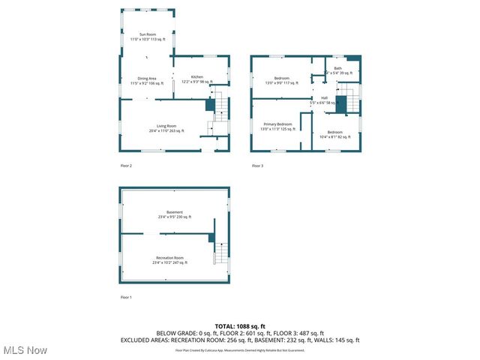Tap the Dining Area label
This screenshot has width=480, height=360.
click(146, 80)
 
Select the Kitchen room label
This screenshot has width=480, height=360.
click(196, 79)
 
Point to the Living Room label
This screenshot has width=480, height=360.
click(166, 127)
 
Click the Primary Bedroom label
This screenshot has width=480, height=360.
click(277, 126)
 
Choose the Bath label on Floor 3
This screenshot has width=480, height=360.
click(338, 70)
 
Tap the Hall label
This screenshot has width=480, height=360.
click(324, 100)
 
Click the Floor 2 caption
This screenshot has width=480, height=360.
click(126, 165)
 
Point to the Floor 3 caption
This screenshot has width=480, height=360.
click(257, 165)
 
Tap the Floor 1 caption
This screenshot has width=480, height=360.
click(126, 298)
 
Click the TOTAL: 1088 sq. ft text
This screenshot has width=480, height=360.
click(240, 326)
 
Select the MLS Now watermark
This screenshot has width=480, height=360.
click(25, 350)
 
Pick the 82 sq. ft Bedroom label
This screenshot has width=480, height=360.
click(334, 134)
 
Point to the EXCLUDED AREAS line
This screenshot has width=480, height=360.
click(240, 340)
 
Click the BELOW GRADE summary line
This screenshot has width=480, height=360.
click(240, 333)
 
